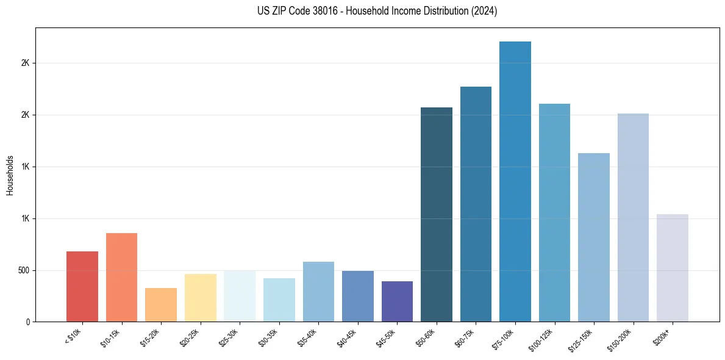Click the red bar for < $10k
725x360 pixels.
[x=82, y=286]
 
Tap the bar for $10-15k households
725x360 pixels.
[x=121, y=277]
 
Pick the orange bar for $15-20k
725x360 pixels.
[x=161, y=304]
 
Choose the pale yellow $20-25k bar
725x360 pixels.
[x=200, y=298]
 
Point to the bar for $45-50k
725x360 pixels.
[x=397, y=301]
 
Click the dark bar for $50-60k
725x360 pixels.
[x=437, y=214]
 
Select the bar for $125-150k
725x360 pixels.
[x=593, y=237]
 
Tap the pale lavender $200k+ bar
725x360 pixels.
[x=672, y=268]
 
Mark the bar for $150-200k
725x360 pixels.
[x=633, y=217]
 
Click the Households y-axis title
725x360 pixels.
[x=10, y=175]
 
